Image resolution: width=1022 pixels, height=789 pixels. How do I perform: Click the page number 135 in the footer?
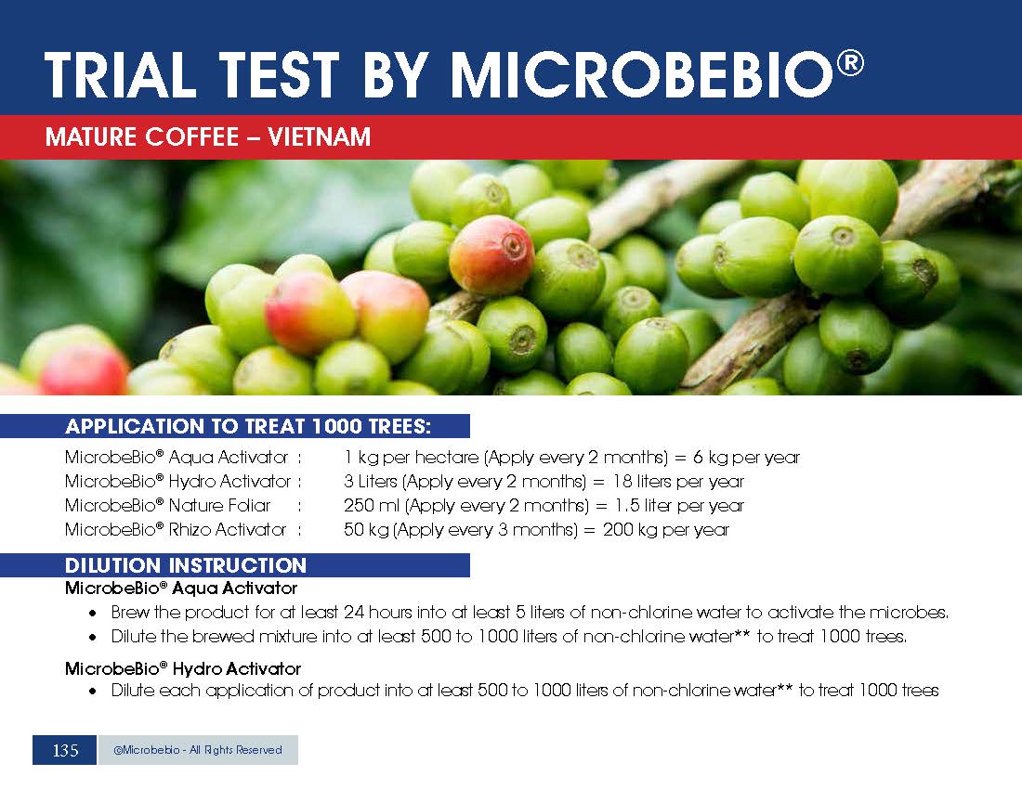[65, 751]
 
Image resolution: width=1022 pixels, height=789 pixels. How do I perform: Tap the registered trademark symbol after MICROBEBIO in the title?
[850, 63]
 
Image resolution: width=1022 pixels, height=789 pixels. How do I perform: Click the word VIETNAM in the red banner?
[320, 136]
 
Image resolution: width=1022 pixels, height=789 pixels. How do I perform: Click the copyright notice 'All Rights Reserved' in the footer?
[235, 750]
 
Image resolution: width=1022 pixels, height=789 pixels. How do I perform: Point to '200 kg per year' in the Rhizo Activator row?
[665, 529]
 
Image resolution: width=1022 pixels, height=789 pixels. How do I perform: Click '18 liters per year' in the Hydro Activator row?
[678, 481]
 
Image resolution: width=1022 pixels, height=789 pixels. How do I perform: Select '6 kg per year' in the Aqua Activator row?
[746, 457]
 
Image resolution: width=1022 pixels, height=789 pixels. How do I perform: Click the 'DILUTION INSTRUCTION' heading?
[186, 565]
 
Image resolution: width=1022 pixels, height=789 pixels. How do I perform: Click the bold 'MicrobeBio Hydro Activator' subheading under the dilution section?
[183, 668]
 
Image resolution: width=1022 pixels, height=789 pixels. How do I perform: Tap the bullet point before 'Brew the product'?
[94, 614]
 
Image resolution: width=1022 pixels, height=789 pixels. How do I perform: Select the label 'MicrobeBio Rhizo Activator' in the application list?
[176, 529]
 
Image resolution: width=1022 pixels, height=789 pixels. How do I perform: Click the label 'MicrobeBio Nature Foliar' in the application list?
[167, 505]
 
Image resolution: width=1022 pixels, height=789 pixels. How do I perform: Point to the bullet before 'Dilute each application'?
[94, 692]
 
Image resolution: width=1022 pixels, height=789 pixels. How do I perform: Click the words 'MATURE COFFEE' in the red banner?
[142, 136]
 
